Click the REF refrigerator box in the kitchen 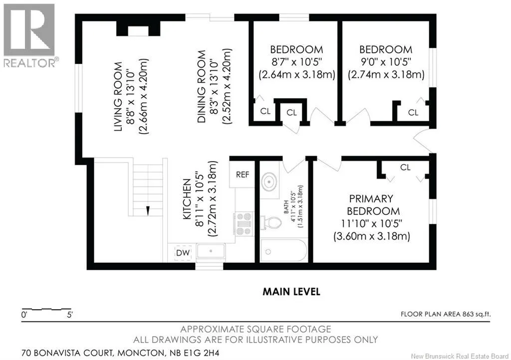[x=242, y=175]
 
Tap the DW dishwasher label [x=183, y=253]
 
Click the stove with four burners [x=244, y=223]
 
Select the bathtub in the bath [x=283, y=251]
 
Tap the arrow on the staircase [x=148, y=210]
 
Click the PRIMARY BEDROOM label [x=373, y=205]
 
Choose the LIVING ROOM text [x=118, y=97]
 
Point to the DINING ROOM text [x=202, y=87]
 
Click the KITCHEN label [x=187, y=199]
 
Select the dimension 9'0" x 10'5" [x=386, y=61]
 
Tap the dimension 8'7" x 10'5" [x=296, y=61]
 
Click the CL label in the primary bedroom [x=405, y=168]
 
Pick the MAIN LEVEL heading [x=291, y=292]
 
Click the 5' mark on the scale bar [x=69, y=315]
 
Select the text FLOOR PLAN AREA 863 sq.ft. [x=446, y=314]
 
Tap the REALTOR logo [x=29, y=36]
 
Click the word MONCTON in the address [x=141, y=353]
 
